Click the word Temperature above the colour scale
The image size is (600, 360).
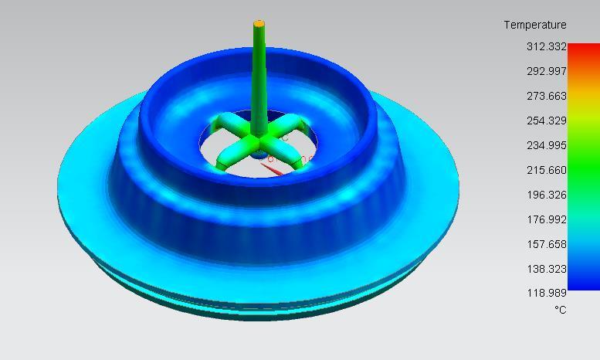click(535, 25)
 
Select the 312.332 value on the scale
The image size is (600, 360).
click(547, 46)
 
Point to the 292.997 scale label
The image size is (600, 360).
click(547, 71)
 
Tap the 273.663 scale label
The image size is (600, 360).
click(547, 96)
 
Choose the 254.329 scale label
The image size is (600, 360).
click(547, 121)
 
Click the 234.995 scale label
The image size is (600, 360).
click(547, 145)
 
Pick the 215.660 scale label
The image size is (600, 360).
click(547, 170)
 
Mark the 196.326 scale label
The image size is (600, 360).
click(547, 195)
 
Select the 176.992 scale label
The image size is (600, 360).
click(547, 219)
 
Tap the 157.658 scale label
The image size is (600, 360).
click(547, 244)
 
